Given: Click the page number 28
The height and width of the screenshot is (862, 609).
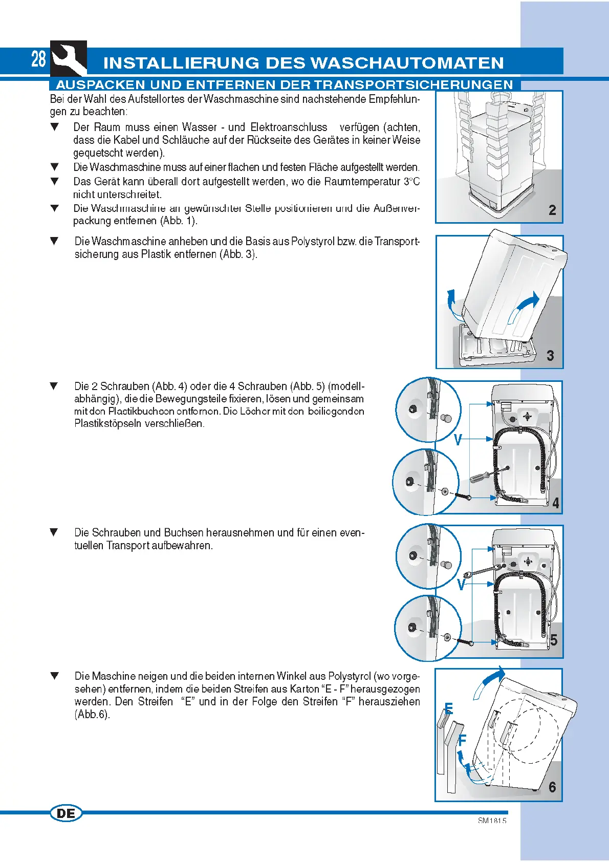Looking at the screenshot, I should (x=39, y=59).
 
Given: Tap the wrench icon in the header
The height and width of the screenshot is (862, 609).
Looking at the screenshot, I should (x=69, y=59).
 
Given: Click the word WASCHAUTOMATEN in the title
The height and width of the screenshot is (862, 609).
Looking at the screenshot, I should (x=407, y=63).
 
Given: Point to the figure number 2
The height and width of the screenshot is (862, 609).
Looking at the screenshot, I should (x=552, y=210).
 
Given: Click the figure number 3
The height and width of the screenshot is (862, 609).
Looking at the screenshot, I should (x=550, y=356).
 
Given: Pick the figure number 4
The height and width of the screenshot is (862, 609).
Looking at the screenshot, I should (x=556, y=503).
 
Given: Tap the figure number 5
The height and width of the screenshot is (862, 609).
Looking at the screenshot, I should (x=554, y=640).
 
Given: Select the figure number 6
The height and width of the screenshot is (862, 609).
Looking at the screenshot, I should (x=552, y=787).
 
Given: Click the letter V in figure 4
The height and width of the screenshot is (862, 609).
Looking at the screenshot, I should (x=459, y=440).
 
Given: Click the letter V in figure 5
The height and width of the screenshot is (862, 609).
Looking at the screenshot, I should (x=461, y=585).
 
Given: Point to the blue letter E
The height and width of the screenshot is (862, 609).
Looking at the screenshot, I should (x=449, y=709).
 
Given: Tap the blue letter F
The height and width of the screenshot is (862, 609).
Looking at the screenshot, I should (x=462, y=740).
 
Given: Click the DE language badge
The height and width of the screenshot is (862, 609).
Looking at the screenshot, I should (x=66, y=813).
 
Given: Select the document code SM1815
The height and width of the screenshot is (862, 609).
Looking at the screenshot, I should (x=492, y=821).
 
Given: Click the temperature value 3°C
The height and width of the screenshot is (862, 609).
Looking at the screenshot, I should (x=411, y=182).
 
